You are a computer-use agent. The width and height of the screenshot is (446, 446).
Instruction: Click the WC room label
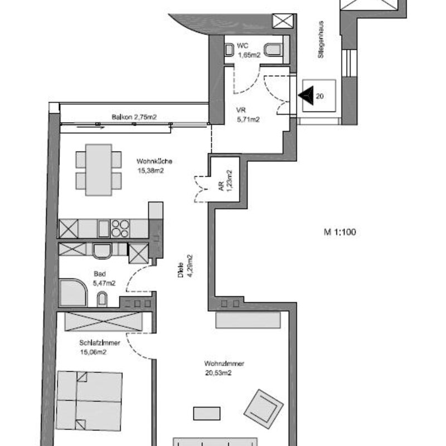tap(243, 46)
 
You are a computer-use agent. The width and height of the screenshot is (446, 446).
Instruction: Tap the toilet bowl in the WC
tap(273, 50)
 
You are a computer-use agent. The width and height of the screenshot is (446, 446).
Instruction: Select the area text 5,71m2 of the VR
tap(248, 119)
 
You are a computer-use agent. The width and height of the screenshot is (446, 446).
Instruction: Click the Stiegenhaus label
tap(321, 39)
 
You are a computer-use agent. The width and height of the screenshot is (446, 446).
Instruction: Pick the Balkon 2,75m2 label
tap(134, 117)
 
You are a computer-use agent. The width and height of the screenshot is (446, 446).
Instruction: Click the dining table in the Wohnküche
tap(99, 170)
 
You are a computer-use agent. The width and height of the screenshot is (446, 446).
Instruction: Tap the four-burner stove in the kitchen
tap(120, 229)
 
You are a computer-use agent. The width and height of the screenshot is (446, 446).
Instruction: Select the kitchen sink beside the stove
tap(104, 229)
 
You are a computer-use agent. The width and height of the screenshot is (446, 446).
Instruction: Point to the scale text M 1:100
tap(340, 232)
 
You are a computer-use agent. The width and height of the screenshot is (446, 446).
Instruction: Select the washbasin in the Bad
tap(102, 299)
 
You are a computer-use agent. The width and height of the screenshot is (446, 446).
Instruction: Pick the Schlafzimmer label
tap(100, 343)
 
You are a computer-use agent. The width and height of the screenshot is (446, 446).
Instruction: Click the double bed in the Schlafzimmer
tap(89, 400)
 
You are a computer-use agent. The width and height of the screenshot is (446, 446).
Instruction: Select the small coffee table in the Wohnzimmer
tap(207, 413)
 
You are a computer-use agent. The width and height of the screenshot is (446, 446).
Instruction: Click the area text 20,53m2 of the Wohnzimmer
tap(218, 372)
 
